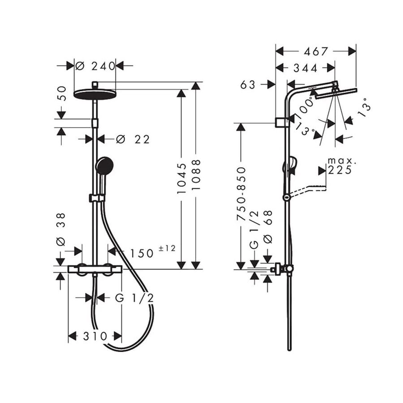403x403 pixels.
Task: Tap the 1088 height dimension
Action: click(196, 175)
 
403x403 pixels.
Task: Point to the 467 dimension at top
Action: click(316, 51)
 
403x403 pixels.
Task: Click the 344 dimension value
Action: click(305, 68)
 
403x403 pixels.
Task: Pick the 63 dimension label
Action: click(248, 85)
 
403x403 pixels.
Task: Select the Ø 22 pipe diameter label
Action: click(133, 140)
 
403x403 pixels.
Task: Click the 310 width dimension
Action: click(95, 336)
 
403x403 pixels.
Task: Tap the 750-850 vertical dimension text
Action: click(241, 194)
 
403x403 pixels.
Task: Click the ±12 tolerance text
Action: click(167, 248)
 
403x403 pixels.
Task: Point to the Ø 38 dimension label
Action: click(61, 229)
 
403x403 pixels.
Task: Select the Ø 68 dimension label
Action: click(268, 227)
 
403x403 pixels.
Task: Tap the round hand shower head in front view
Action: click(104, 166)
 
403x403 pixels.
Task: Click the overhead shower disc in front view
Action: click(95, 94)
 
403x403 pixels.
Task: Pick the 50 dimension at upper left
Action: click(61, 94)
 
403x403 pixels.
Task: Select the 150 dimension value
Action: click(142, 254)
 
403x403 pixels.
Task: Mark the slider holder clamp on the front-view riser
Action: click(97, 198)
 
